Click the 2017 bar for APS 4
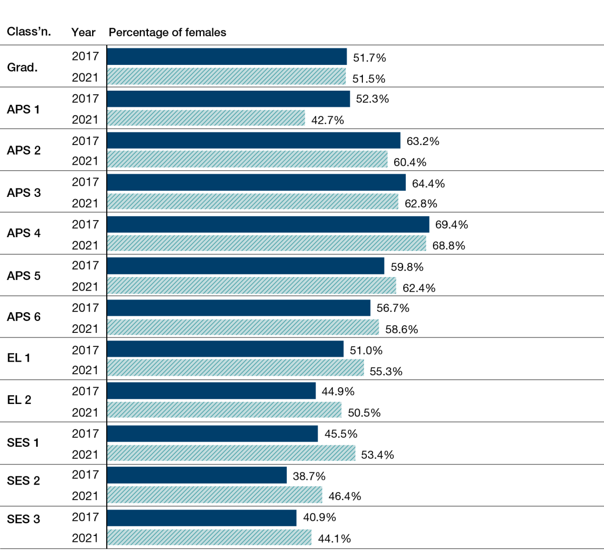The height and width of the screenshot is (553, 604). (268, 225)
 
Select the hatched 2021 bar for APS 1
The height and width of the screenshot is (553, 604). (206, 118)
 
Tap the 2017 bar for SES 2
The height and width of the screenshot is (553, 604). (197, 475)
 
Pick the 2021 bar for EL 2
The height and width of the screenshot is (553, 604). (224, 410)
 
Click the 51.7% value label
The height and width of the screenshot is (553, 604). (369, 58)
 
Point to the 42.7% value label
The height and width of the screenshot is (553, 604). (328, 120)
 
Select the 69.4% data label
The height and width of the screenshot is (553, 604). (451, 225)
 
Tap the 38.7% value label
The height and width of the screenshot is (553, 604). (309, 476)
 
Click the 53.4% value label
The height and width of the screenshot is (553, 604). (377, 455)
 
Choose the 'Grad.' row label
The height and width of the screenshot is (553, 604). (22, 67)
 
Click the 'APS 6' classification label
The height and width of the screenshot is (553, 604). (24, 317)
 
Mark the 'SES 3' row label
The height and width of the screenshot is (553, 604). (23, 519)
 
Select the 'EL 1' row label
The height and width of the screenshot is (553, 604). (19, 358)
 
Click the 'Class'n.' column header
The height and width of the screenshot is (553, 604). (29, 32)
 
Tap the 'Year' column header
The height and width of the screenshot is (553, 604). (83, 32)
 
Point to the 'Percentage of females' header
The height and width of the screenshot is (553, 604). (167, 32)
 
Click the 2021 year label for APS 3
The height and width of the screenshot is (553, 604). (85, 203)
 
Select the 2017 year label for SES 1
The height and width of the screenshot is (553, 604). (85, 434)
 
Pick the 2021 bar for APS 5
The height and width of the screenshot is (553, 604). (252, 286)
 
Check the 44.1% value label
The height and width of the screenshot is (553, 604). (334, 539)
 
